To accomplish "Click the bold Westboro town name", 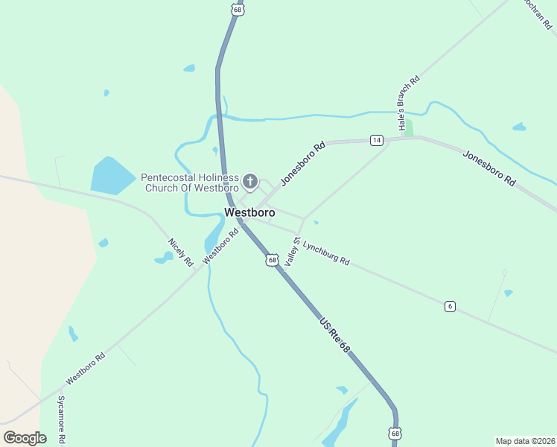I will [249, 212].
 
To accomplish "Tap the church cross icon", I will [250, 181].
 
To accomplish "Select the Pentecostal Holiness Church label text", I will [190, 183].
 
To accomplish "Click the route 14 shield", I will [376, 140].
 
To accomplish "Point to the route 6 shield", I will [449, 306].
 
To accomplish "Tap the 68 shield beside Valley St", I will [273, 260].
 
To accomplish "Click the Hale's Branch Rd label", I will [408, 104].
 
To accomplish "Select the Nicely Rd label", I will [180, 253].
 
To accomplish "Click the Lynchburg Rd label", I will [326, 252].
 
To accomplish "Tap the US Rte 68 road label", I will [334, 336].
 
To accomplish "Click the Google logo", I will [25, 438].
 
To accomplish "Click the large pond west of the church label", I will [112, 176].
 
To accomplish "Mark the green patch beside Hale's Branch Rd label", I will [407, 128].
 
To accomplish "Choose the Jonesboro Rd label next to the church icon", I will [303, 164].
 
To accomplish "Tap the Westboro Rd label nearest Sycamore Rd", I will [86, 368].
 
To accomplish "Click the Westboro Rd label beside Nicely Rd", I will [220, 244].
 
